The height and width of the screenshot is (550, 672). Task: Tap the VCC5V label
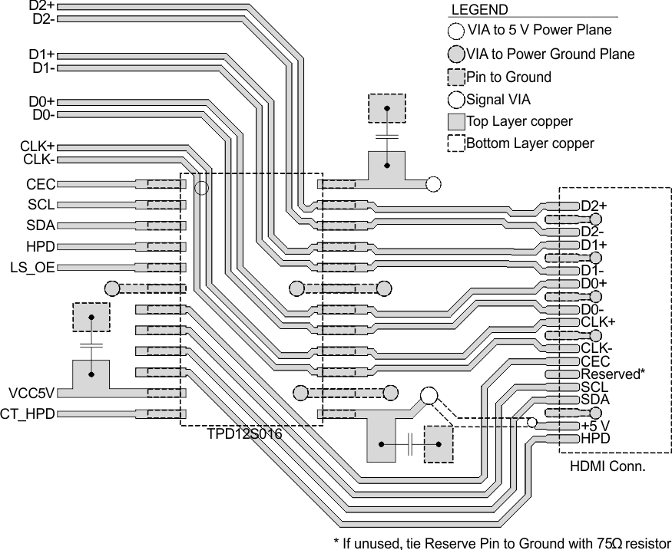(31, 394)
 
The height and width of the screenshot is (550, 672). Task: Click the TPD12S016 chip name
(244, 434)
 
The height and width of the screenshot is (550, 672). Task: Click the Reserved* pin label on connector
(612, 374)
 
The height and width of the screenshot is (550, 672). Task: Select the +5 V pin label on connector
(595, 426)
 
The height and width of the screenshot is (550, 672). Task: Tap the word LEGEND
(478, 10)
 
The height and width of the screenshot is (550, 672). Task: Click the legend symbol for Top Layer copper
(455, 121)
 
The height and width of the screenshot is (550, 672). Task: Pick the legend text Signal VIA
(498, 99)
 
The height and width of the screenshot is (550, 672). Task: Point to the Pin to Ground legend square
(455, 77)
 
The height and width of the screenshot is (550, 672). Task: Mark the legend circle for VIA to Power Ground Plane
(455, 54)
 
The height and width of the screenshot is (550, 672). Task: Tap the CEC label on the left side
(40, 185)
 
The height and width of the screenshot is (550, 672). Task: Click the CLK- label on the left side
(39, 160)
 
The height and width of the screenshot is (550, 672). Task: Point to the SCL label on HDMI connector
(594, 387)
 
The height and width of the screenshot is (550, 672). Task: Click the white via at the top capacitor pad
(434, 184)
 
